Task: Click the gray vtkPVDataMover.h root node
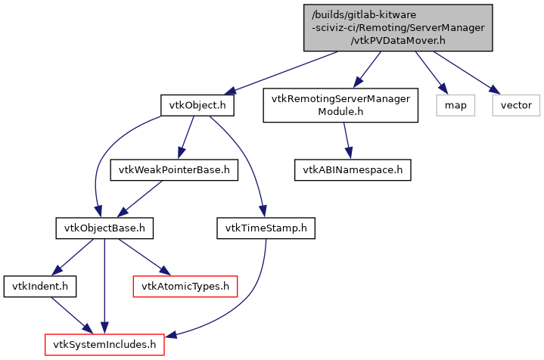click(398, 28)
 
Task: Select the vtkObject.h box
click(197, 105)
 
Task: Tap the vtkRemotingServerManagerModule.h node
click(340, 105)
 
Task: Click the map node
click(455, 105)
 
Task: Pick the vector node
click(516, 105)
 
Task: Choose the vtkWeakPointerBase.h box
click(175, 170)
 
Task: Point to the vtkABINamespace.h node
click(353, 170)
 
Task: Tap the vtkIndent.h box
click(40, 286)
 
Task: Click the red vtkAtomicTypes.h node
click(185, 286)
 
